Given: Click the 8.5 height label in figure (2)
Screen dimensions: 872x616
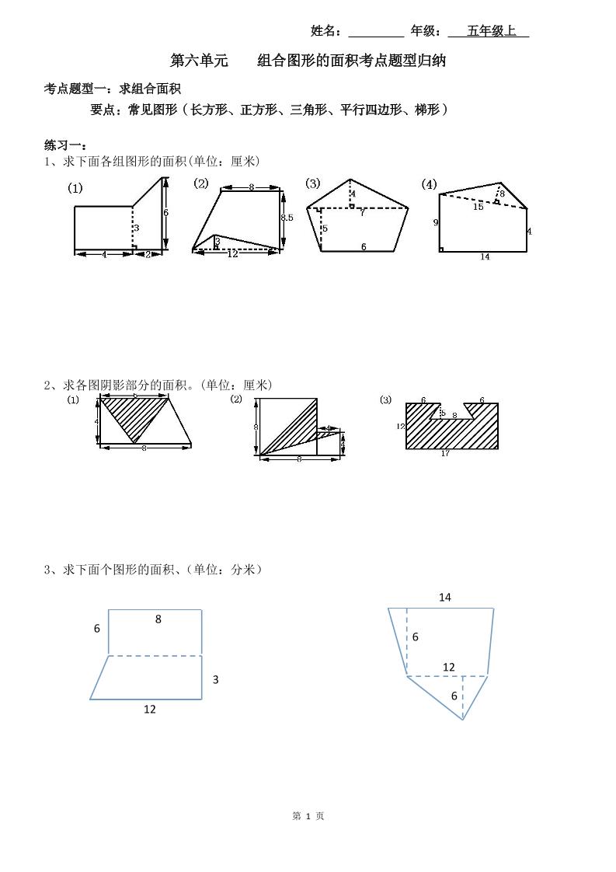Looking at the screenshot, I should pyautogui.click(x=287, y=218).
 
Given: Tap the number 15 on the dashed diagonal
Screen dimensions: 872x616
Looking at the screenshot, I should pyautogui.click(x=478, y=207).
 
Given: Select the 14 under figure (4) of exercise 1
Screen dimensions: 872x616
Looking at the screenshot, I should pyautogui.click(x=485, y=257).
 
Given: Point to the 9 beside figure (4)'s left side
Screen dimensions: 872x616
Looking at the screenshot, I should pyautogui.click(x=436, y=222).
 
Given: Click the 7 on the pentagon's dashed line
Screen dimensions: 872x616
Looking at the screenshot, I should pyautogui.click(x=361, y=212).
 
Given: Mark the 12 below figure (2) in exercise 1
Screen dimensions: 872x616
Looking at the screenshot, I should pyautogui.click(x=232, y=254).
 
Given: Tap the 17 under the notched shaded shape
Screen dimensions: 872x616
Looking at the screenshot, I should pyautogui.click(x=445, y=454).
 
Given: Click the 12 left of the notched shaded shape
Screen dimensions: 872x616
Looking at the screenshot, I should pyautogui.click(x=400, y=426).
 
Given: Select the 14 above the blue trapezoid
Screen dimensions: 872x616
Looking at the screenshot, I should pyautogui.click(x=444, y=597).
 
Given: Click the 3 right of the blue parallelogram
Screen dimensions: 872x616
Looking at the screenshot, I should pyautogui.click(x=215, y=679).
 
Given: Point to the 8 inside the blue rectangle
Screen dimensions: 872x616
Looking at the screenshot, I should pyautogui.click(x=158, y=619).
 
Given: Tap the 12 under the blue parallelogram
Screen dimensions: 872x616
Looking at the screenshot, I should pyautogui.click(x=149, y=709).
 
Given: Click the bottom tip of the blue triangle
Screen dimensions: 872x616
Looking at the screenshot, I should pyautogui.click(x=463, y=720).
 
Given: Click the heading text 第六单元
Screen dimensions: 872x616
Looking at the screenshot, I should pyautogui.click(x=199, y=61).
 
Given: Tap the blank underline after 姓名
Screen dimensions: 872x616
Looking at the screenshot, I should pyautogui.click(x=376, y=32).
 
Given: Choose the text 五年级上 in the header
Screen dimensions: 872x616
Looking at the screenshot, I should pyautogui.click(x=491, y=31).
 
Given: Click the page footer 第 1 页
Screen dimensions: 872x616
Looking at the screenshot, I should pyautogui.click(x=308, y=816).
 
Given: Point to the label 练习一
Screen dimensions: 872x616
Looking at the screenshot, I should pyautogui.click(x=65, y=145).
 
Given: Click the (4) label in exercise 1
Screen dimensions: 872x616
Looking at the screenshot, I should pyautogui.click(x=429, y=184).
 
